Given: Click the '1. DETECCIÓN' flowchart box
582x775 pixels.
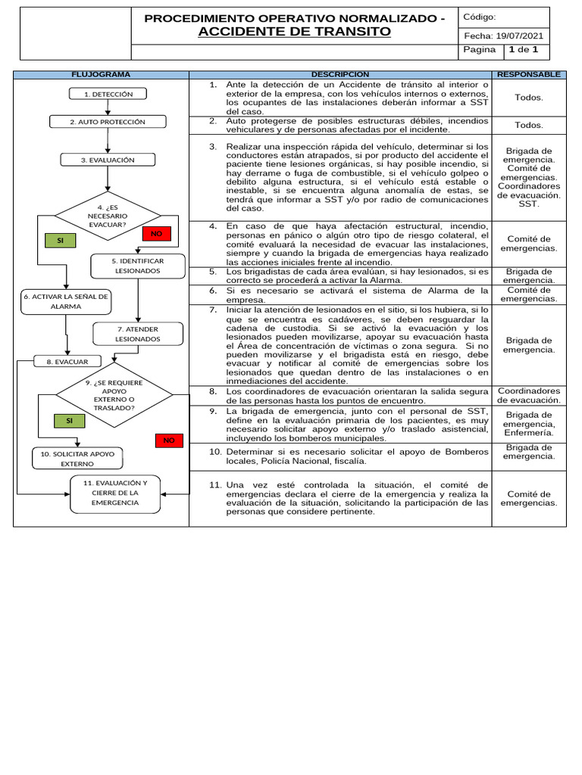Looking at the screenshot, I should [x=108, y=94].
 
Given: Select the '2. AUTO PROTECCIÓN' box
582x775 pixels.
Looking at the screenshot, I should [x=108, y=122].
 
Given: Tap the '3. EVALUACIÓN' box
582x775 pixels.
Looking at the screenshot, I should [x=108, y=160].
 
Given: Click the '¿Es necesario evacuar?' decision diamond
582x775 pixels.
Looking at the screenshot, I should [x=108, y=215].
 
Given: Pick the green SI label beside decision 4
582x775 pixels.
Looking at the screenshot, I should [x=60, y=241].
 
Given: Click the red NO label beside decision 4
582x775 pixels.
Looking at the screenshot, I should [x=157, y=234].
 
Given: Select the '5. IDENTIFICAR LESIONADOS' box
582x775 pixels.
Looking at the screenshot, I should [x=137, y=265].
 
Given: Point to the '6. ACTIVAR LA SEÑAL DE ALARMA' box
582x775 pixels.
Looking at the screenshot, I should [x=66, y=301].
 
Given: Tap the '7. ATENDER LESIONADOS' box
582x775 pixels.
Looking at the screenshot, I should [x=138, y=334].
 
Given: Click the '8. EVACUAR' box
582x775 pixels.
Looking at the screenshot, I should [x=67, y=362].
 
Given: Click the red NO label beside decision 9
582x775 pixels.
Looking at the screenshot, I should [x=169, y=440].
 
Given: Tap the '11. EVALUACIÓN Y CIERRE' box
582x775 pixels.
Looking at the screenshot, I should [x=115, y=492].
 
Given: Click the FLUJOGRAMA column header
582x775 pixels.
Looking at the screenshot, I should [x=100, y=74].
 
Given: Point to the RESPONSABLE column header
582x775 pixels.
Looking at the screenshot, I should [x=528, y=74].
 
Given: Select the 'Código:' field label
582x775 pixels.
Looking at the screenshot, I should [x=479, y=17].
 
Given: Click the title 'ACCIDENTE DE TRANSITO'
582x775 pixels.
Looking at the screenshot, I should [x=295, y=31].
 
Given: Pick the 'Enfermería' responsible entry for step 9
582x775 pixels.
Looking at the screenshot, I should [x=528, y=434].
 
